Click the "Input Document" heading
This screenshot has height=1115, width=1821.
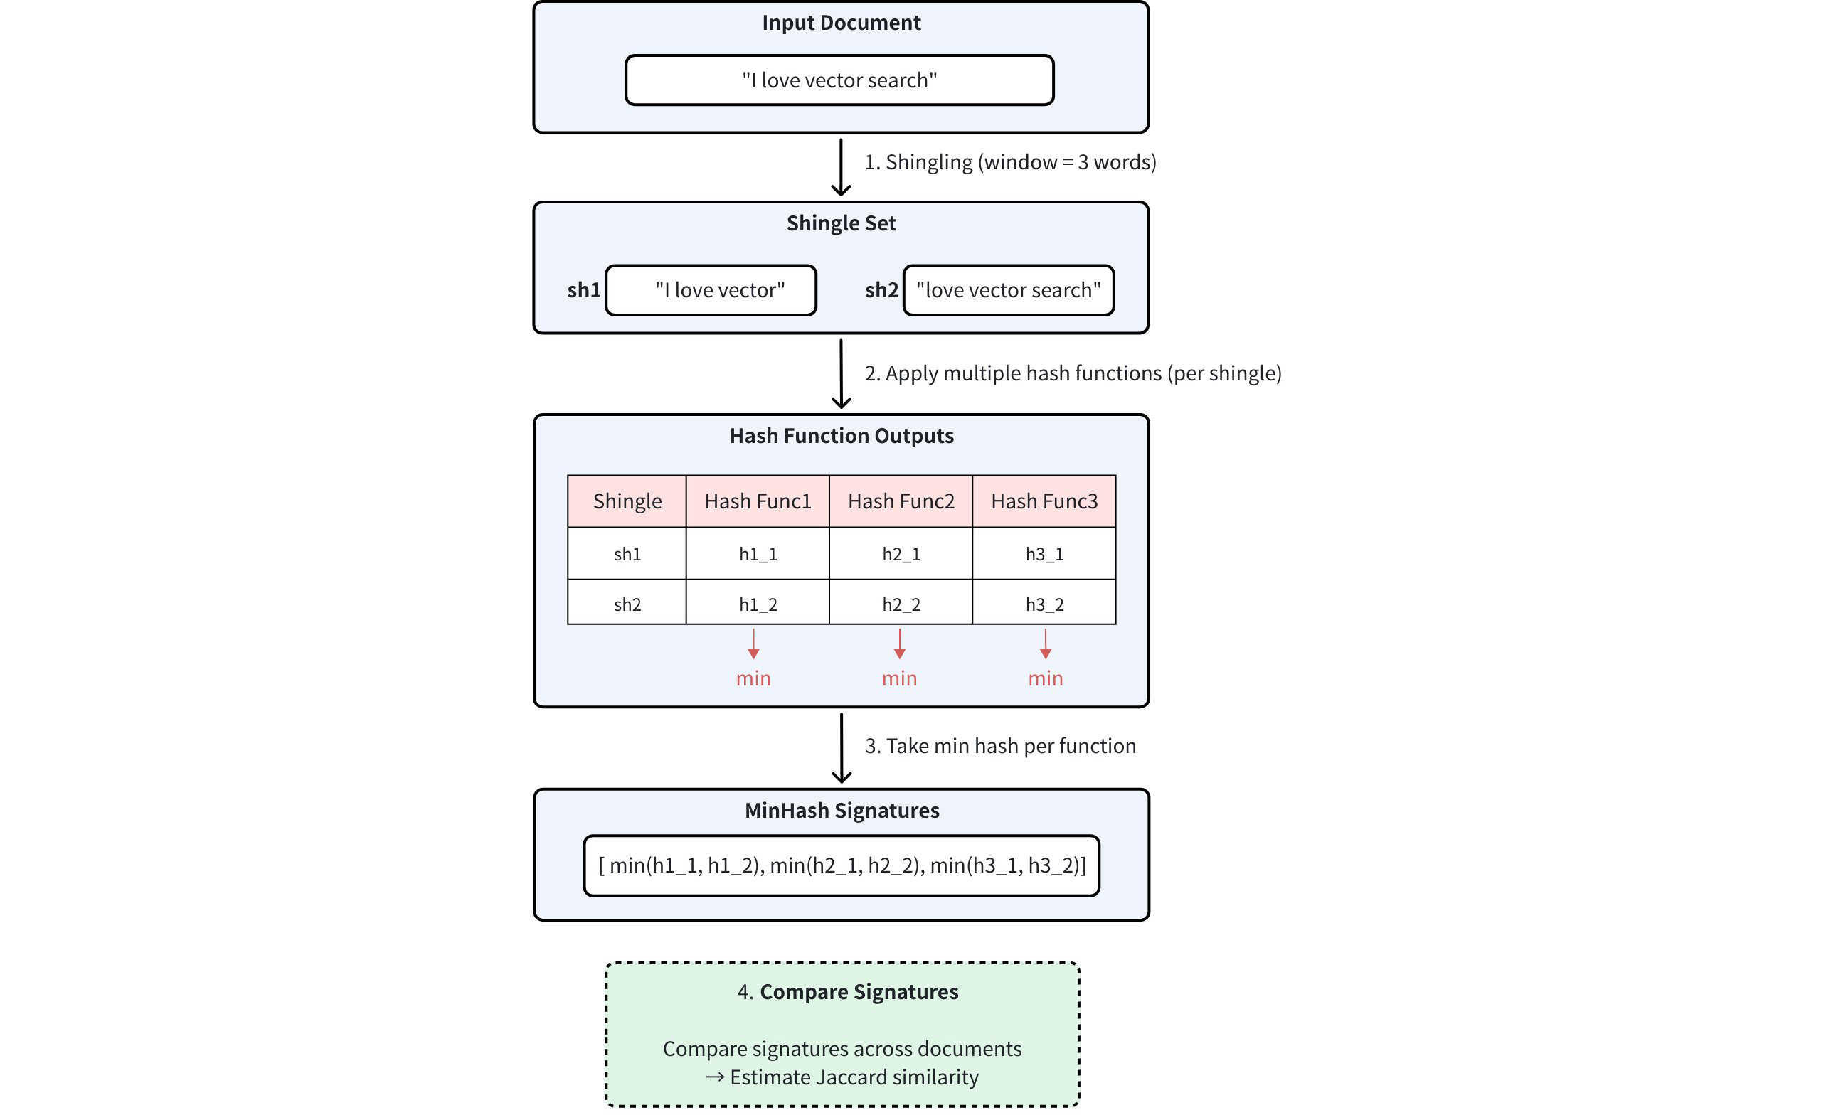841,23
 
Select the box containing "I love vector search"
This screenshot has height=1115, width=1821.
839,80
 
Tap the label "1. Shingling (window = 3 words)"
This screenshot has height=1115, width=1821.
1009,162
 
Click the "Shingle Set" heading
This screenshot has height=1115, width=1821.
841,223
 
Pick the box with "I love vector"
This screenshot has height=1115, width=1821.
710,290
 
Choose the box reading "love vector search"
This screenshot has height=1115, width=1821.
1008,290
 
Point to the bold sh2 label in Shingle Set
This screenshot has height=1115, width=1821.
881,290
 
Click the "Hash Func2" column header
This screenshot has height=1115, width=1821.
900,501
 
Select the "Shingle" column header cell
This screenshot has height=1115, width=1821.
627,501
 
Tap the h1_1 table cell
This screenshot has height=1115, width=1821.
758,554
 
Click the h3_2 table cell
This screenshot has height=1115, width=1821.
1044,604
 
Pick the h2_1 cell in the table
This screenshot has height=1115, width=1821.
900,554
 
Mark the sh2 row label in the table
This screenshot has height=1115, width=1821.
627,604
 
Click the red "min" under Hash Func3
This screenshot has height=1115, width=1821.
1045,678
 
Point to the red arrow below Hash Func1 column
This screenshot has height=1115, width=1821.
753,644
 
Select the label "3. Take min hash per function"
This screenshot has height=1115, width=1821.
1000,745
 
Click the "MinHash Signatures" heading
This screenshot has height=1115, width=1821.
841,811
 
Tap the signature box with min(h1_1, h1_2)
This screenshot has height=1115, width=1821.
841,865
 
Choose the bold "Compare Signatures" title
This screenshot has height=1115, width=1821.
858,991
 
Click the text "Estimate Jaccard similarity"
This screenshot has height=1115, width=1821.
854,1077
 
